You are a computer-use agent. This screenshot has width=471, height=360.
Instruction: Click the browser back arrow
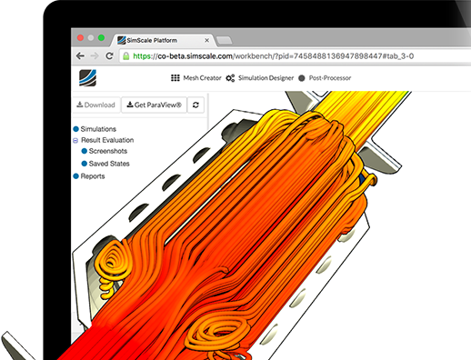click(80, 55)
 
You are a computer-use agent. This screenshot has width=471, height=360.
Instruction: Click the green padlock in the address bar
click(125, 55)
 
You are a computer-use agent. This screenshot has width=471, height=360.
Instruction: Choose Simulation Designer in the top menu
click(264, 78)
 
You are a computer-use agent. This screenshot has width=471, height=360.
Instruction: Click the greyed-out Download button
click(95, 105)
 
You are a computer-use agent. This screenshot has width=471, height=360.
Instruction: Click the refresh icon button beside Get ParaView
click(195, 105)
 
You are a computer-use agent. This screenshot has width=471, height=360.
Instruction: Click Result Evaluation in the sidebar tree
click(111, 141)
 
